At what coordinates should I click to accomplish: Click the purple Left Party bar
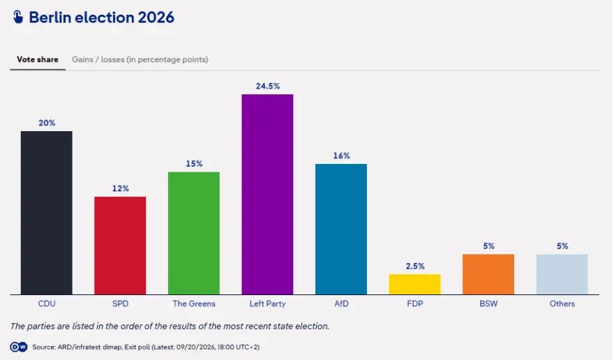click(x=267, y=194)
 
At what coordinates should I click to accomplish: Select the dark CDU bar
click(x=47, y=213)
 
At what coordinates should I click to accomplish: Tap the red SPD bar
click(x=120, y=246)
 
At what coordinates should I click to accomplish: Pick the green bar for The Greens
click(x=194, y=233)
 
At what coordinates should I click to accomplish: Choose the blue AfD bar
click(x=341, y=229)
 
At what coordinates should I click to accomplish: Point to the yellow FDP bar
click(x=414, y=285)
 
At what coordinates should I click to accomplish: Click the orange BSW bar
click(x=488, y=274)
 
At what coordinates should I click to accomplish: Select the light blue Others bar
click(x=562, y=274)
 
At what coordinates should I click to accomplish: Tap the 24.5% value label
click(x=268, y=87)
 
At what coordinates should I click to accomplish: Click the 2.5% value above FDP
click(x=415, y=267)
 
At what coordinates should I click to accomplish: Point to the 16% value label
click(x=341, y=156)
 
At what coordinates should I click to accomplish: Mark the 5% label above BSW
click(x=488, y=246)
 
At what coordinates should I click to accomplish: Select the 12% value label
click(x=121, y=188)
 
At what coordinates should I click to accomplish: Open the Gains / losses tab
click(x=140, y=59)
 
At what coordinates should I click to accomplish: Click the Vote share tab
click(x=38, y=59)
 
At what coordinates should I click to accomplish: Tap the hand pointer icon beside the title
click(x=18, y=17)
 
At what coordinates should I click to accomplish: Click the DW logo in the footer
click(x=18, y=347)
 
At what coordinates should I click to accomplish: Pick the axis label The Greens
click(x=194, y=303)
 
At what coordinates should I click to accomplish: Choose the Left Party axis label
click(x=267, y=303)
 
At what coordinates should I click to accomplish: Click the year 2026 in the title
click(x=156, y=17)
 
